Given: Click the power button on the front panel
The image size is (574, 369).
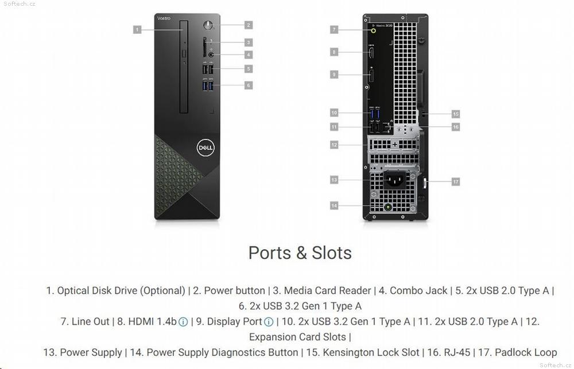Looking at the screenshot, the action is [208, 25].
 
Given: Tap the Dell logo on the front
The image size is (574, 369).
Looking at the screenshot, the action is [205, 147].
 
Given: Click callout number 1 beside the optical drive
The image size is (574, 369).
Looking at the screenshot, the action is [137, 30].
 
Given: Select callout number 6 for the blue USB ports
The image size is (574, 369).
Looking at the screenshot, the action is [248, 86].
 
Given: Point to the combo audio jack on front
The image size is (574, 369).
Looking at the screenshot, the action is [211, 55].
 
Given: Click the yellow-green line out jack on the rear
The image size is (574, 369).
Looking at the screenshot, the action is [374, 31].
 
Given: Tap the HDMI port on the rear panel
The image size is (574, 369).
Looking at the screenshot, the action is [371, 52].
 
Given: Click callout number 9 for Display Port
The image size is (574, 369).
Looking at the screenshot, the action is [334, 75].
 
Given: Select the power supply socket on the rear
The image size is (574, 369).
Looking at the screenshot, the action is [394, 180].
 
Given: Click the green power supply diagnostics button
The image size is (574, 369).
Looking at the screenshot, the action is [387, 208].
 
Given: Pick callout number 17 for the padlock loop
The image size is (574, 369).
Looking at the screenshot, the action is [455, 181].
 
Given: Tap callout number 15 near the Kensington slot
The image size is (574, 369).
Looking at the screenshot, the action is [455, 114].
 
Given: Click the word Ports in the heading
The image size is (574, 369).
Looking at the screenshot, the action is [269, 253].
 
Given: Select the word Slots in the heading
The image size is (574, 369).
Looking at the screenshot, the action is [332, 253].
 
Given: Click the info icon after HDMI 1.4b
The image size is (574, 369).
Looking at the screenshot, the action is [183, 322].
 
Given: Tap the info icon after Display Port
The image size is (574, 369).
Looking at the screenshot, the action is [269, 322].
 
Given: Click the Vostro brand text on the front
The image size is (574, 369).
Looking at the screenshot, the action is [164, 18].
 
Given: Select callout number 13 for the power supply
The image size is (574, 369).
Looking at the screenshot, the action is [334, 180].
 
